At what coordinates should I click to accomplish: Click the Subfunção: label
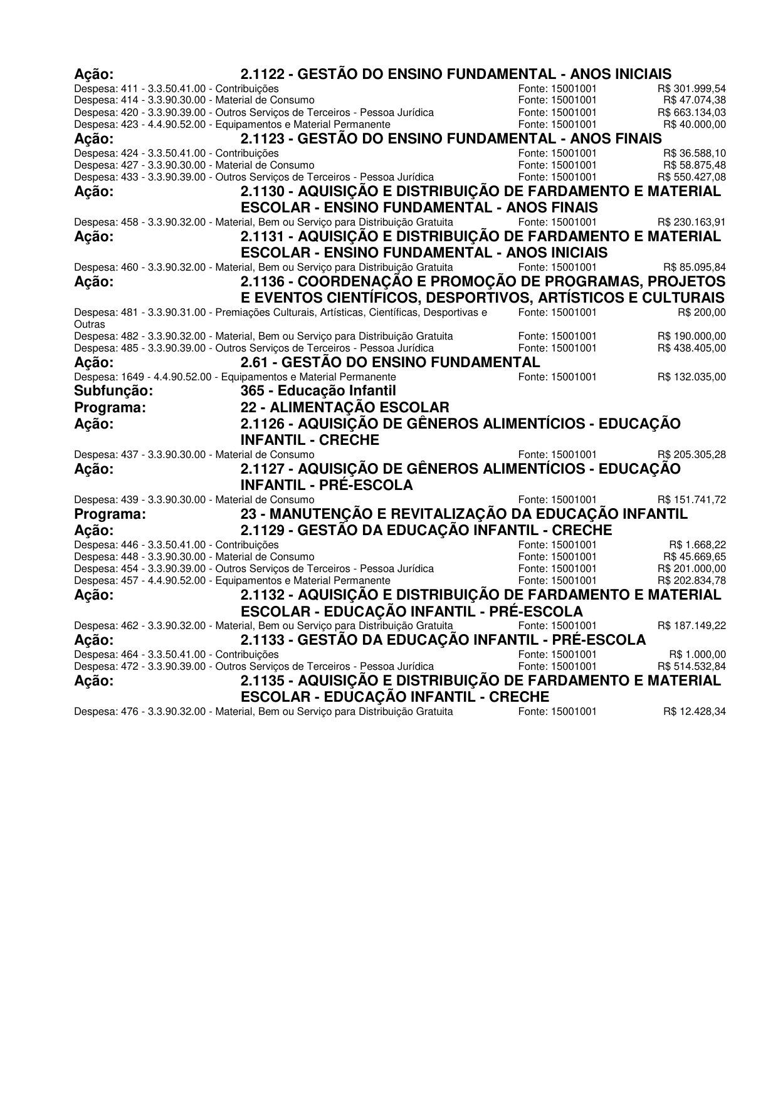click(113, 392)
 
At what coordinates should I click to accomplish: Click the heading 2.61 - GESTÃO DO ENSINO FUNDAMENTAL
click(390, 362)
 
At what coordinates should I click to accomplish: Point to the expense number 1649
click(130, 377)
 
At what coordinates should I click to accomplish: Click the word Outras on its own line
click(89, 325)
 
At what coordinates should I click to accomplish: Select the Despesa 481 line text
click(280, 312)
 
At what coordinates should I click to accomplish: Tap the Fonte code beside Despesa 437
click(557, 454)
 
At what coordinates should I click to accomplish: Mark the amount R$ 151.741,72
click(691, 499)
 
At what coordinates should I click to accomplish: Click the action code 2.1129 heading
click(426, 530)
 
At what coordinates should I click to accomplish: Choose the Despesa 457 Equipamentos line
click(232, 580)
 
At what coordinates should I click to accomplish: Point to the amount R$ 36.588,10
click(695, 153)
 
